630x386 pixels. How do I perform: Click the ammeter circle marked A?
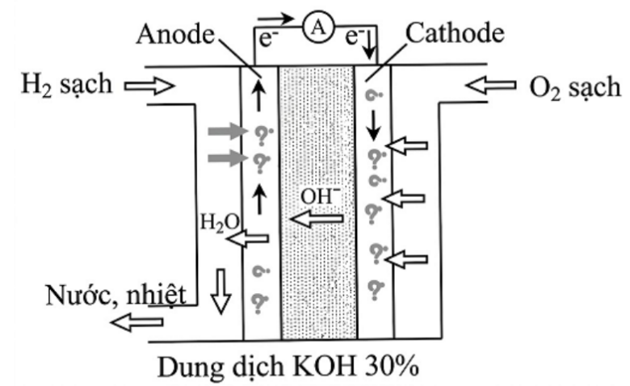(318, 27)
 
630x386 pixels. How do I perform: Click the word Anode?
(175, 34)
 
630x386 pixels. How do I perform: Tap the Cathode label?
(455, 32)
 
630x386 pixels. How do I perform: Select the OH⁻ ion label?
(320, 197)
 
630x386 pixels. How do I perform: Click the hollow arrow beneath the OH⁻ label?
(317, 219)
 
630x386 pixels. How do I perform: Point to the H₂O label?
(220, 222)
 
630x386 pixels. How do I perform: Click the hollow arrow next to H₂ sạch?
(149, 86)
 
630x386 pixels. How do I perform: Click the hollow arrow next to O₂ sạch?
(491, 85)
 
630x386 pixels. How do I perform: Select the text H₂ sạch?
(66, 85)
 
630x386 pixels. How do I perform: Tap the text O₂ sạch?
(575, 87)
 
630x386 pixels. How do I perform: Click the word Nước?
(80, 296)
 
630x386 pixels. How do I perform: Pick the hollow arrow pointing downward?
(221, 292)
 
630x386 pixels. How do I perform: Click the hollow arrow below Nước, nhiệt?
(136, 322)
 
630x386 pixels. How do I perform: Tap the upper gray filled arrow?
(228, 131)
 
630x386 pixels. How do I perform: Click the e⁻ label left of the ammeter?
(268, 39)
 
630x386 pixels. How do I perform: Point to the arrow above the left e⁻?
(276, 18)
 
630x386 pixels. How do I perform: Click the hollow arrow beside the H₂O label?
(248, 239)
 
